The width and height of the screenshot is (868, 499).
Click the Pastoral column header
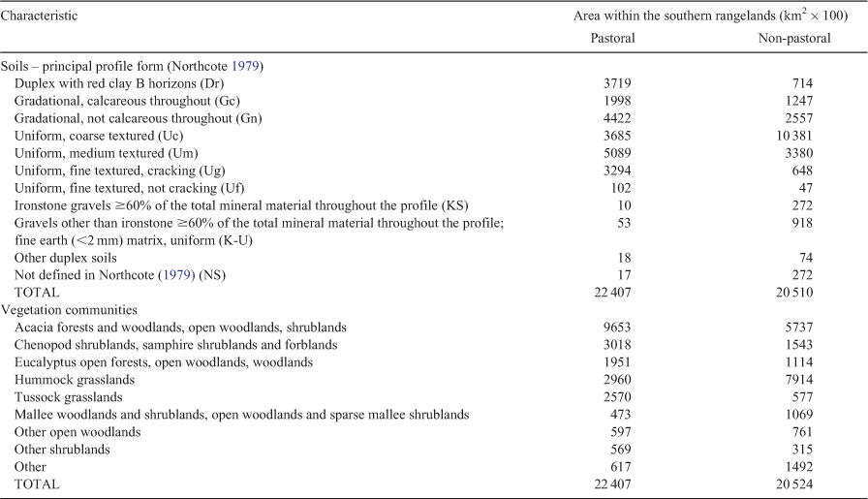pos(612,38)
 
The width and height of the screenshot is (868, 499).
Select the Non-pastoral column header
pos(793,38)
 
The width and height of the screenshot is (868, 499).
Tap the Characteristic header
pos(39,16)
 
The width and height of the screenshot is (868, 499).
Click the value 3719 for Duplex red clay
pos(617,83)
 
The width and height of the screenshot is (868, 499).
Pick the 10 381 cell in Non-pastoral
pos(794,136)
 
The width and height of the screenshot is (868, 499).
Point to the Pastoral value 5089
pos(617,153)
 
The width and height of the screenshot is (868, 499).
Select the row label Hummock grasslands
pos(75,380)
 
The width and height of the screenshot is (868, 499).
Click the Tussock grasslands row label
pos(68,397)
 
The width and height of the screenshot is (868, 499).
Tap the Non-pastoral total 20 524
pos(794,484)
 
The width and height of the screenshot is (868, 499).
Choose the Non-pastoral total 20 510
pos(794,293)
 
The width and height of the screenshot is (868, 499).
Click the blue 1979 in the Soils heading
pos(245,67)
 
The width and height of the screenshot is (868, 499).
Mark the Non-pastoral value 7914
pos(799,380)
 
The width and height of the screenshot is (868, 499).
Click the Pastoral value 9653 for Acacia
pos(617,327)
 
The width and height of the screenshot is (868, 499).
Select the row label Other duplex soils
pos(65,258)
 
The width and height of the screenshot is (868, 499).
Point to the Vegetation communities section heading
pos(69,310)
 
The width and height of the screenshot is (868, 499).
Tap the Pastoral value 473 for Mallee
pos(621,415)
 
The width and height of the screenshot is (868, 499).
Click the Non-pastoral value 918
pos(802,223)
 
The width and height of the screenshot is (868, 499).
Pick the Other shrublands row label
pos(62,450)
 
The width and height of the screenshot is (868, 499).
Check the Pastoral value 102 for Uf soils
pos(621,188)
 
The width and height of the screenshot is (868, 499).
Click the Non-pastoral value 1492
pos(799,467)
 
